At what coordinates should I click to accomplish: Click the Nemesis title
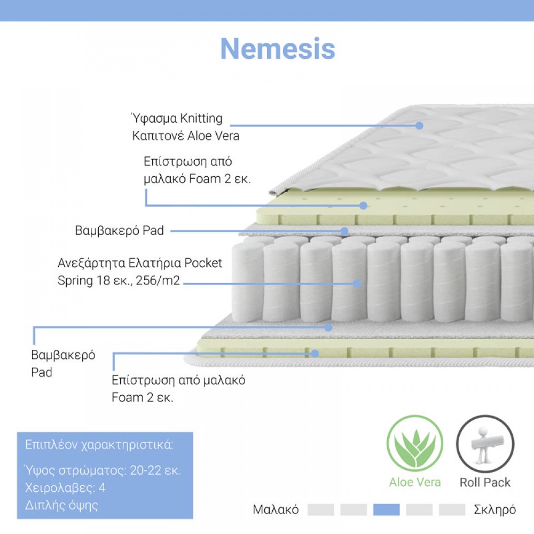tap(278, 49)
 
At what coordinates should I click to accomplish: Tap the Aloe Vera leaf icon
tap(415, 443)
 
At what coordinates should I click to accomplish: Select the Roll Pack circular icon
tap(485, 443)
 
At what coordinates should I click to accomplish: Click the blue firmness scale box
tap(386, 510)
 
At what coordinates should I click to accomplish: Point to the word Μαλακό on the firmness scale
tap(276, 510)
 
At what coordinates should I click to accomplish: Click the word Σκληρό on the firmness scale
tap(495, 510)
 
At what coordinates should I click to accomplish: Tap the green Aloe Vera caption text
tap(415, 482)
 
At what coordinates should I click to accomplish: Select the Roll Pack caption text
tap(485, 482)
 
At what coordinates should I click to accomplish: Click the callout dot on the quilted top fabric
tap(419, 125)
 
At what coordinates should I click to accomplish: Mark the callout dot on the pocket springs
tap(357, 284)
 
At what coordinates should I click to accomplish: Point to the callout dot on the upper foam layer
tap(363, 206)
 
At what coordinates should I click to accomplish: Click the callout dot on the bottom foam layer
tap(315, 354)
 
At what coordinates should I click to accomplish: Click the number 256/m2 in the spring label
tap(158, 281)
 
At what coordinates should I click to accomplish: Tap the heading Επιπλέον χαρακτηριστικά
tap(99, 445)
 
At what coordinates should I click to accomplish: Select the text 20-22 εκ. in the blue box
tap(155, 470)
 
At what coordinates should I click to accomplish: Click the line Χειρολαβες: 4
tap(65, 488)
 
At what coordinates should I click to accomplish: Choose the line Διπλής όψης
tap(61, 505)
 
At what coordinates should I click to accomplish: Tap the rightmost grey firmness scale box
tap(452, 510)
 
